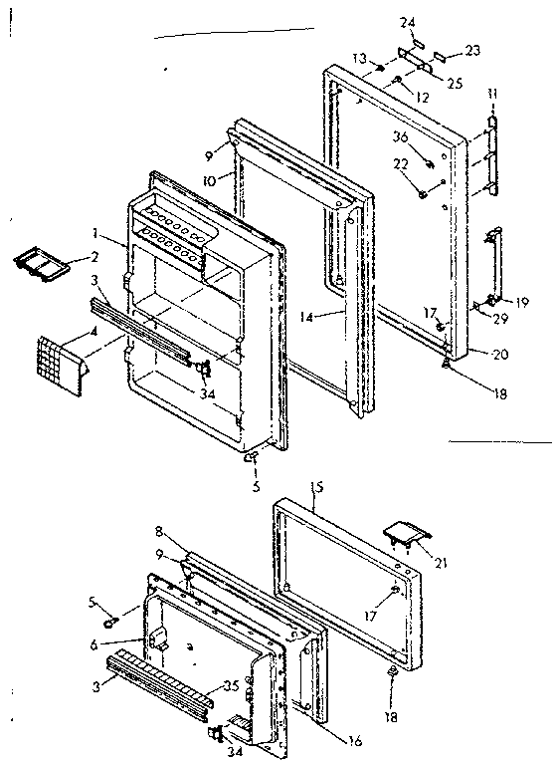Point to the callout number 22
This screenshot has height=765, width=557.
401,164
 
